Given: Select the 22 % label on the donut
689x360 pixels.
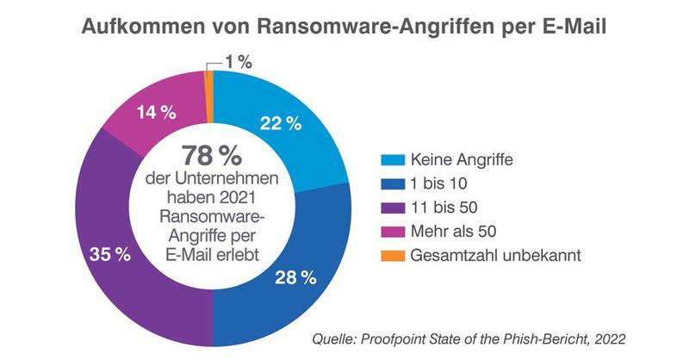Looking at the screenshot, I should [280, 123].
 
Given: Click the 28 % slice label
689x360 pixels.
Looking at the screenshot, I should [295, 277].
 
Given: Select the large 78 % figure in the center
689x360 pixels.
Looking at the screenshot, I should [212, 157].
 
